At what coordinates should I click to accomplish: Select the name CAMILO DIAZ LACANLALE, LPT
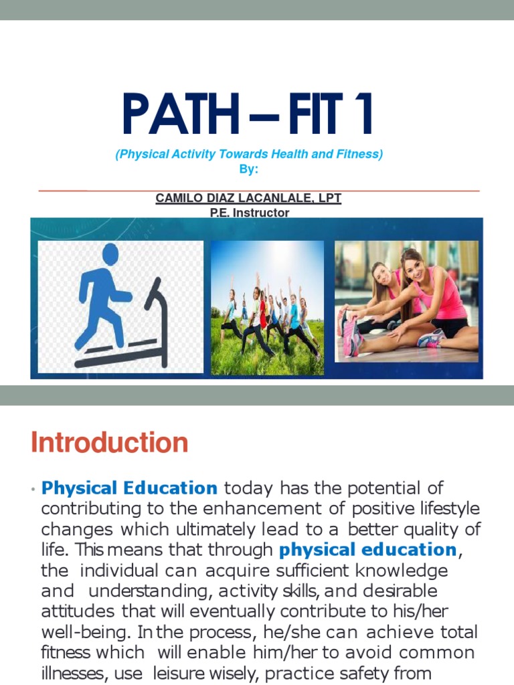[248, 199]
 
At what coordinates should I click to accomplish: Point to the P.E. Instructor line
[249, 213]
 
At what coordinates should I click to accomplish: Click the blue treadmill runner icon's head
[109, 254]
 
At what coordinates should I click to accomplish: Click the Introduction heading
[110, 443]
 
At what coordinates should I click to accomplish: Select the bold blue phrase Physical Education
[130, 488]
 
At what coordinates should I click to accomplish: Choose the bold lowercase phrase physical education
[367, 550]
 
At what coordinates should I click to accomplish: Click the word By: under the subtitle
[248, 170]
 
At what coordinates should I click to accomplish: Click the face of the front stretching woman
[414, 268]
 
